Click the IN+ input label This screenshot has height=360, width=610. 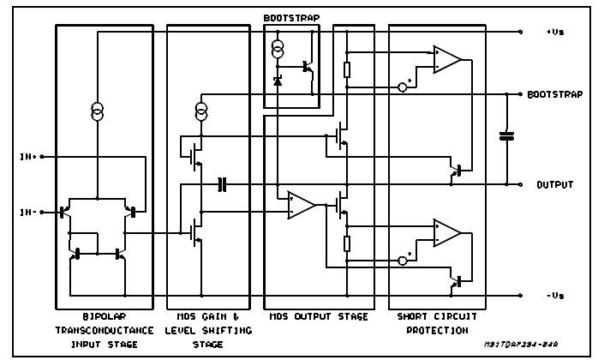[28, 157]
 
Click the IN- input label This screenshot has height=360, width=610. [28, 212]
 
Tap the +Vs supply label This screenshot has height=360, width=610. [555, 32]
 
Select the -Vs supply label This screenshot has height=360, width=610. [555, 296]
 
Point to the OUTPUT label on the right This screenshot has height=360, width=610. [555, 185]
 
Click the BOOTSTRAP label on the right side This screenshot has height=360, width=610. [555, 94]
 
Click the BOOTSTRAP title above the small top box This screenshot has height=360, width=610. [291, 18]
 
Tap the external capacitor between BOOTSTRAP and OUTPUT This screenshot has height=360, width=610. [506, 135]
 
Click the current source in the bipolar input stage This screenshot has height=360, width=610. [98, 111]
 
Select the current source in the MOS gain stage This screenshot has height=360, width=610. [201, 111]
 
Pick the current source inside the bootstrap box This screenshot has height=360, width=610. [278, 49]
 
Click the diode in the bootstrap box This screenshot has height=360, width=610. [278, 81]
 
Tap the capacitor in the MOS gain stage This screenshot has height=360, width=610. [222, 184]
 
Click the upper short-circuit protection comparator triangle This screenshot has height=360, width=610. [447, 59]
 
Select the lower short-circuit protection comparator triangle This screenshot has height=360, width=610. [447, 233]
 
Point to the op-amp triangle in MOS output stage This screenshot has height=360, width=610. [302, 205]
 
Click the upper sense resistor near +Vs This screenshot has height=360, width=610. [347, 69]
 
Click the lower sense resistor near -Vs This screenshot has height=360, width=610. [347, 243]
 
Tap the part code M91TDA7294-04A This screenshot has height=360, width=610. [521, 344]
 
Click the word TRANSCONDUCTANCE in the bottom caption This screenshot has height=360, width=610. [105, 330]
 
